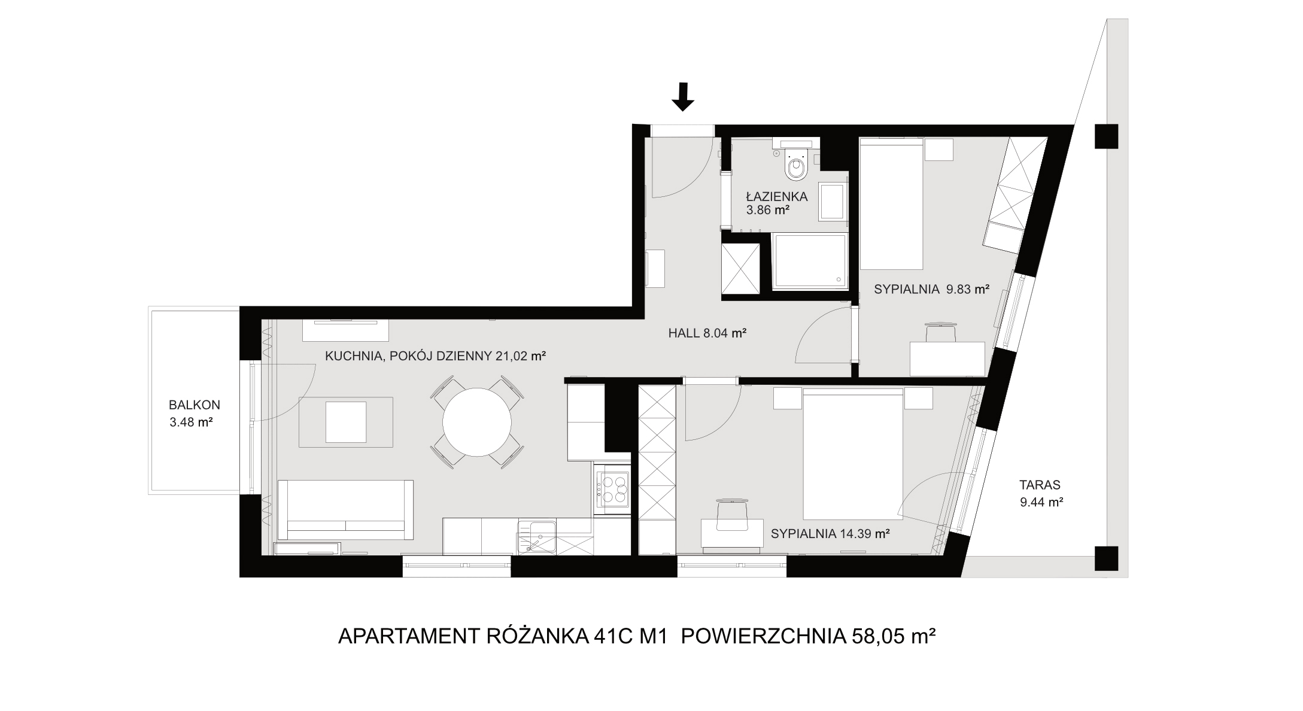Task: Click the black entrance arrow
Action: [683, 97]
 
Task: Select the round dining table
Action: [477, 422]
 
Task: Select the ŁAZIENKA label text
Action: [777, 196]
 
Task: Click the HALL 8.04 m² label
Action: [707, 333]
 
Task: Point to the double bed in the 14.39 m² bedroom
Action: [852, 454]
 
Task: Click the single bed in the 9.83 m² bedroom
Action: [891, 203]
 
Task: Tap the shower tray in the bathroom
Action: [810, 262]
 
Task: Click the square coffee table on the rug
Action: [346, 422]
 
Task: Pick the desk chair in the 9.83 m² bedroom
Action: [941, 332]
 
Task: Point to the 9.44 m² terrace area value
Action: [1041, 502]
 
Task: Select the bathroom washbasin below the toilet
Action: [832, 201]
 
